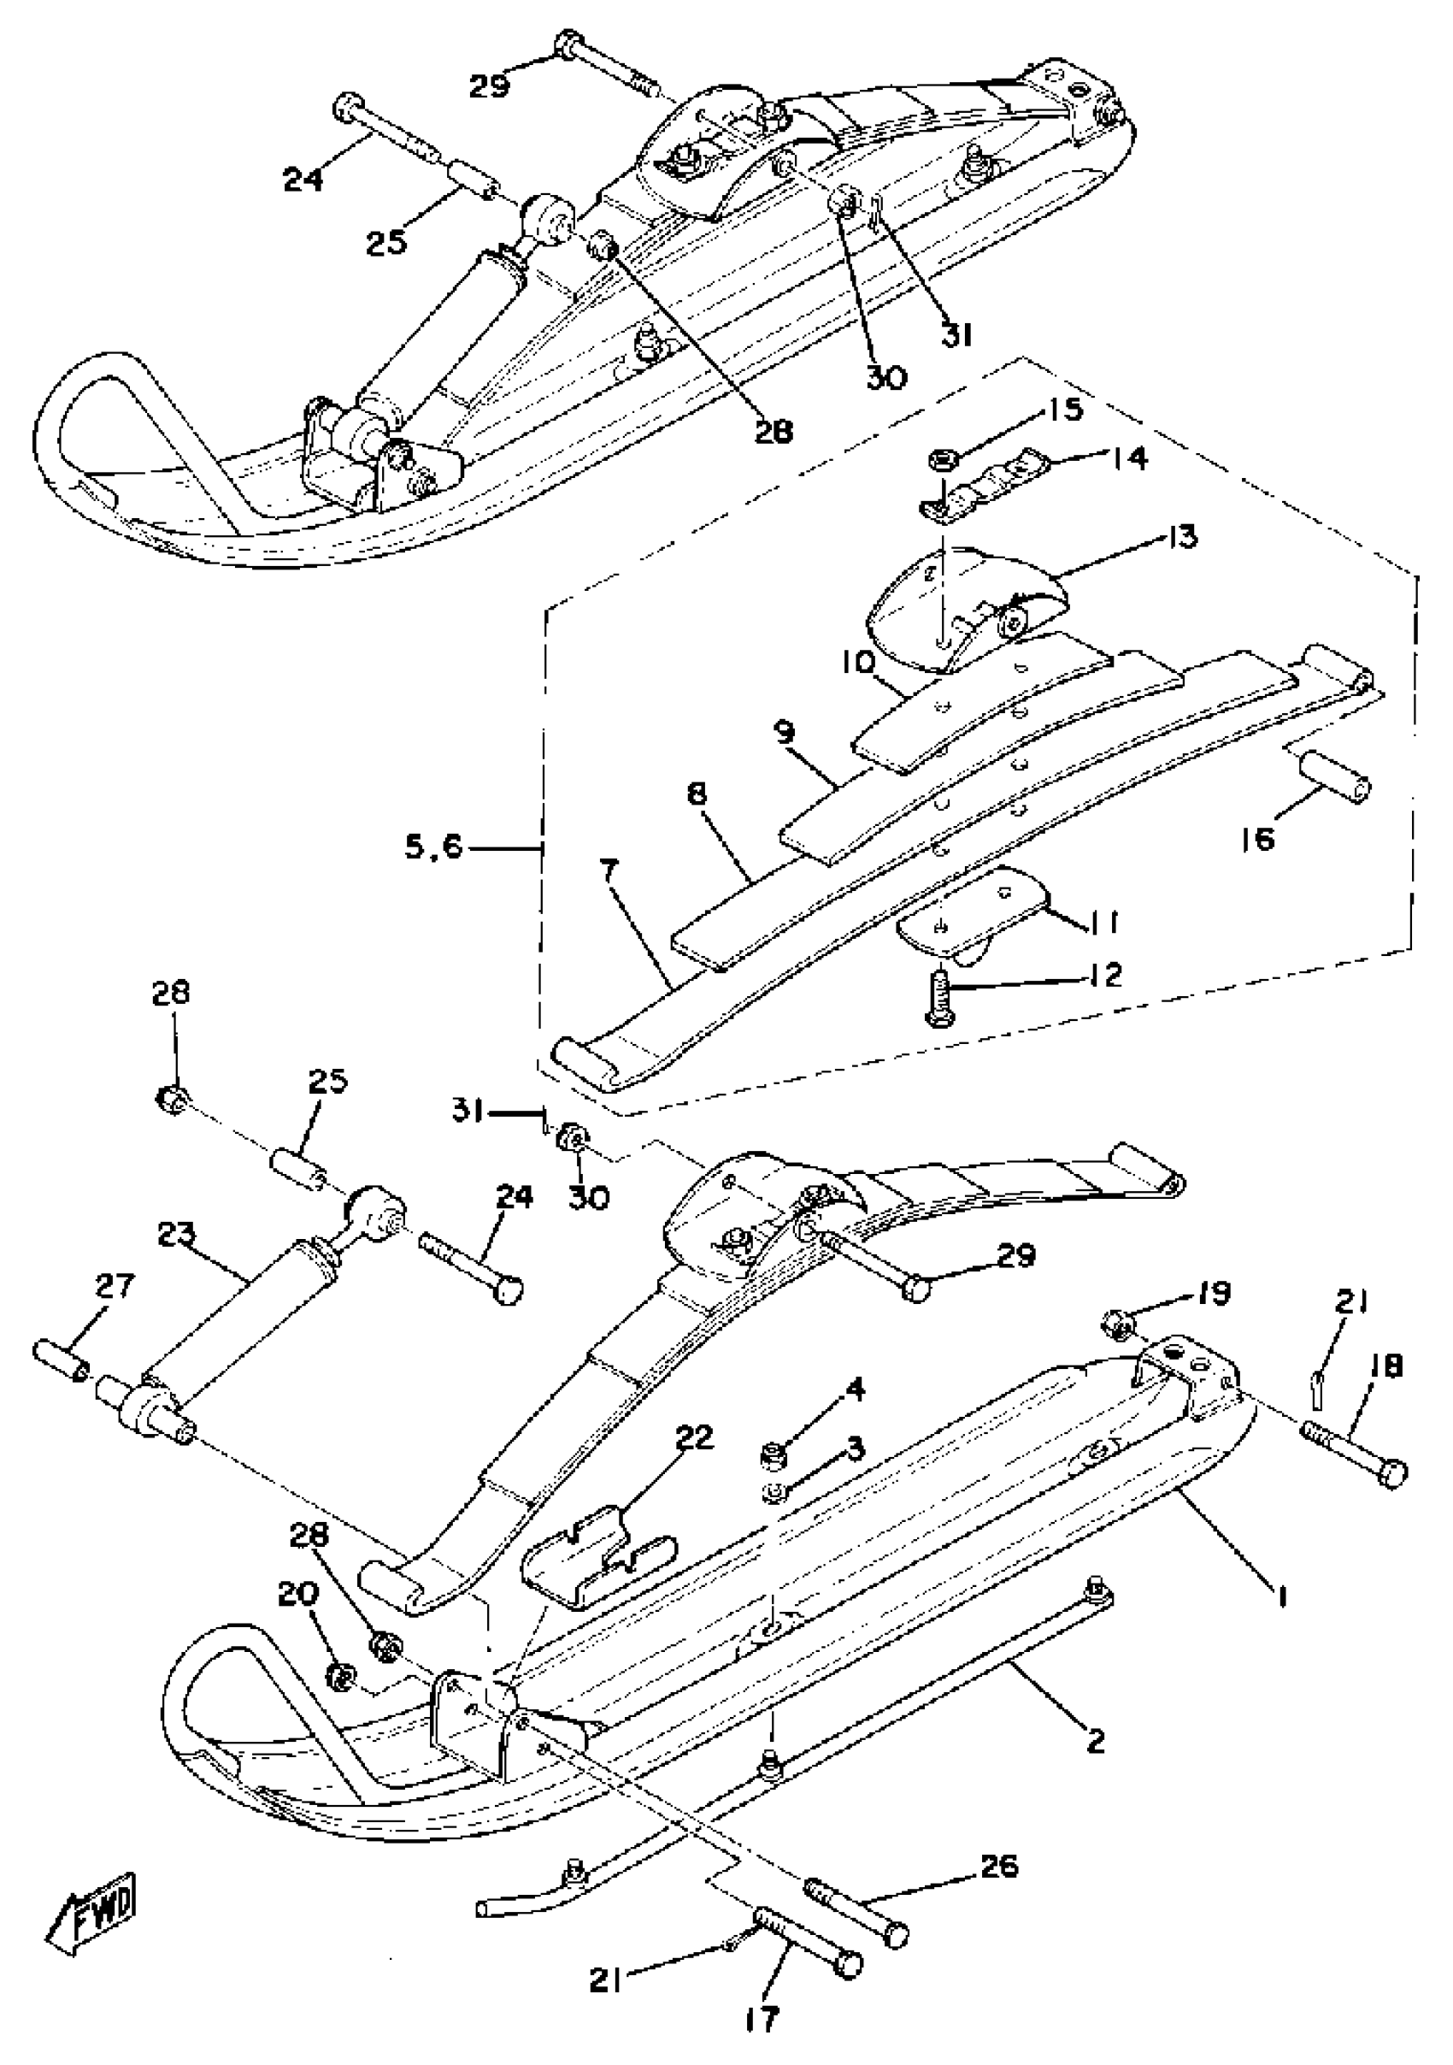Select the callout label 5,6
pos(433,847)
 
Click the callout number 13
pos(1183,537)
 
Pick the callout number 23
pos(176,1235)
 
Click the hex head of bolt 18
pos(1391,1474)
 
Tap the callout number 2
pos(1094,1741)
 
